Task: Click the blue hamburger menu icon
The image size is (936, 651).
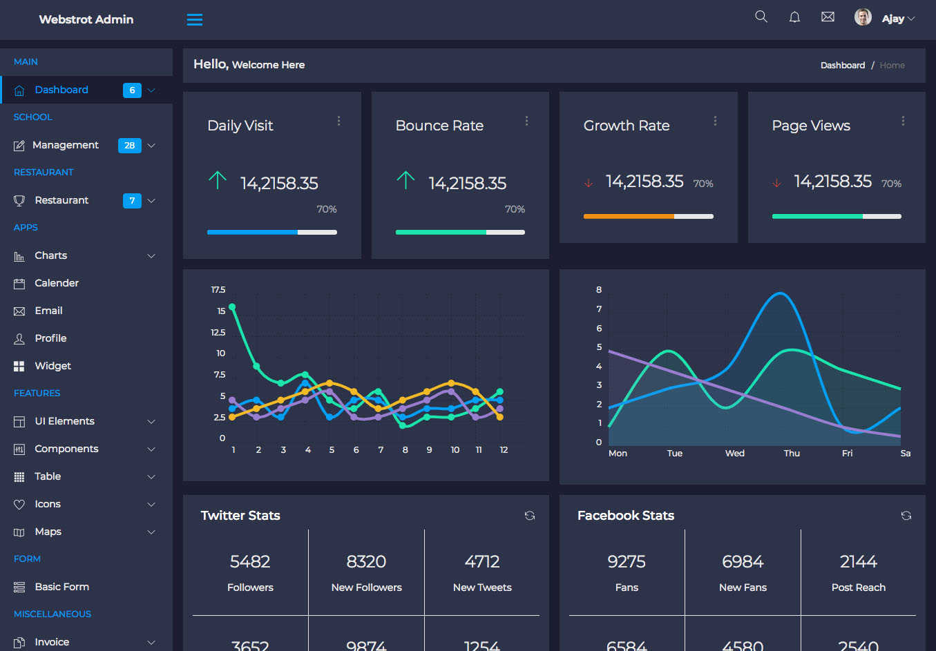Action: coord(194,19)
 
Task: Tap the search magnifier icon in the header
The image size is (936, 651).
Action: coord(761,17)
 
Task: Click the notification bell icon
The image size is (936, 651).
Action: coord(794,17)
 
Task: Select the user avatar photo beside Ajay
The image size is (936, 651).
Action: coord(863,17)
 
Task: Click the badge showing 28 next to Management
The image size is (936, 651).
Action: coord(130,145)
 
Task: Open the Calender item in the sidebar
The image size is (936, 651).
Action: coord(57,283)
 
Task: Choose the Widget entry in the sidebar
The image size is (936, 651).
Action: coord(52,366)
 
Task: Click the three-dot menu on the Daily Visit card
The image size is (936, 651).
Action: coord(339,121)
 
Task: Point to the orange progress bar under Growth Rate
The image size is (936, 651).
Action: coord(629,216)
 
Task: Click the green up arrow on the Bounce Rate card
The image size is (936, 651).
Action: coord(405,180)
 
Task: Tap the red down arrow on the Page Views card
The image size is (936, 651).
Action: coord(777,183)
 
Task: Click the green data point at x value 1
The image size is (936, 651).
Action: coord(232,307)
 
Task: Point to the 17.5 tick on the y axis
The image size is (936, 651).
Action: coord(218,290)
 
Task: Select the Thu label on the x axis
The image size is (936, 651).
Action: coord(792,453)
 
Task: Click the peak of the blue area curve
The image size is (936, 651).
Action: coord(780,293)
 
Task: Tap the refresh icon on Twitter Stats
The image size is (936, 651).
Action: coord(529,516)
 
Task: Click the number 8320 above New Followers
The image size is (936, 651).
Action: coord(366,562)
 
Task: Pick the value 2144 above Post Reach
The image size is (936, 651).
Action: coord(858,562)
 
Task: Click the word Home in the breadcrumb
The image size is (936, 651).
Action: coord(892,65)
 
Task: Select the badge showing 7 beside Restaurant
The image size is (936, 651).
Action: coord(132,200)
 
